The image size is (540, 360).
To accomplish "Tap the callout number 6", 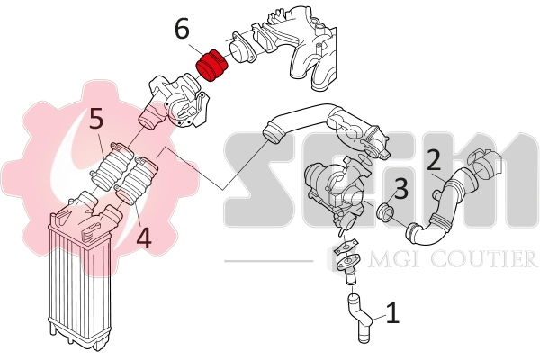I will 182,29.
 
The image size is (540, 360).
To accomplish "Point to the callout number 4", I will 143,238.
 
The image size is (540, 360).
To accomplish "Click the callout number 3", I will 401,189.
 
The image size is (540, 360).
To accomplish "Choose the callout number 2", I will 434,161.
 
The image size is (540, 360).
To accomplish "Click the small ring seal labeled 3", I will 387,214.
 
